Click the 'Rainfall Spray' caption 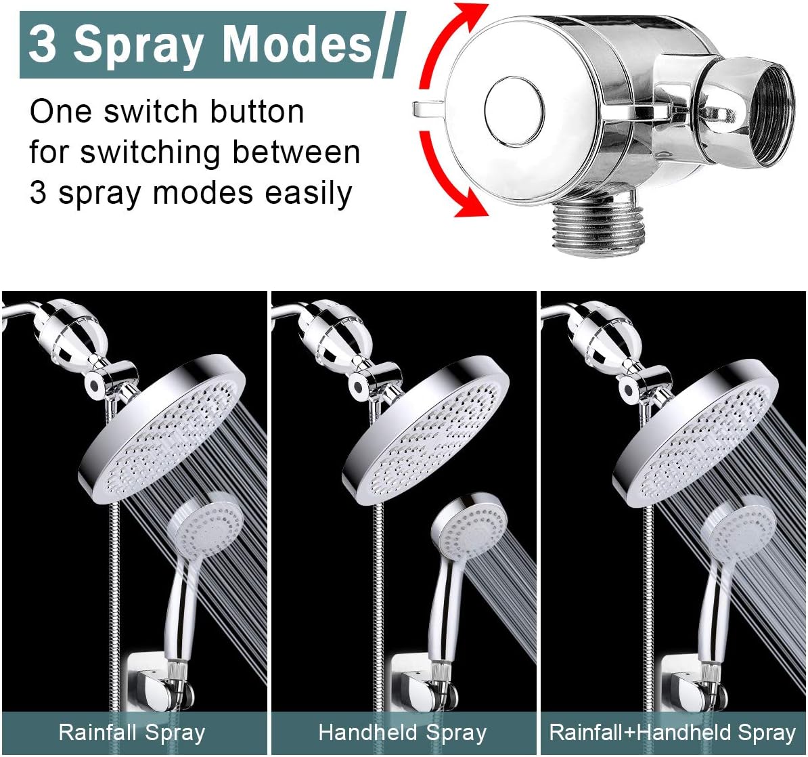pos(131,732)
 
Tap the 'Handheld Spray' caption pos(403,732)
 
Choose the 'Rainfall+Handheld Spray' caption pos(672,732)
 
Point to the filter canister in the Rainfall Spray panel pos(65,336)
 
